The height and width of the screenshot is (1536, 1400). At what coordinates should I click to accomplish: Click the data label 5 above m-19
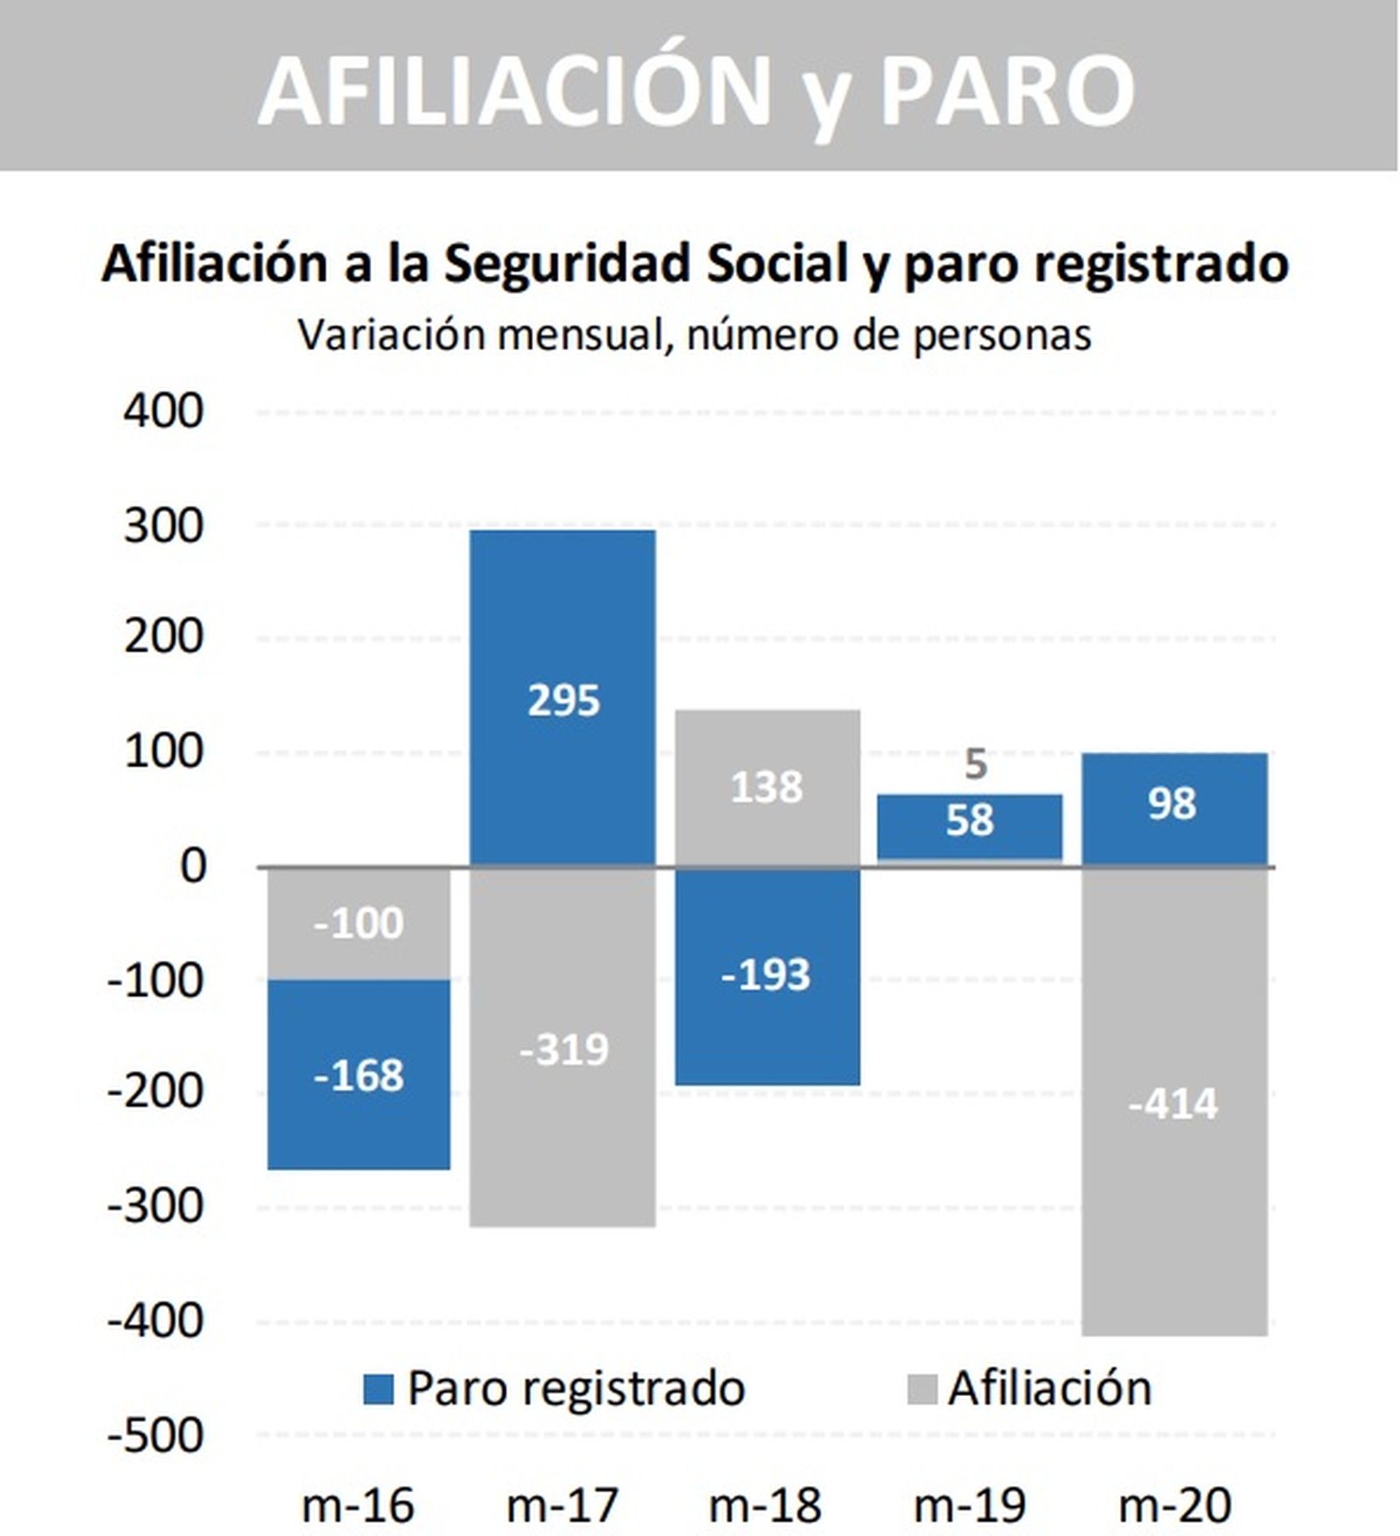976,765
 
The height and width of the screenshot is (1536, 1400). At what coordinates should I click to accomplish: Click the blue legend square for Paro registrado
378,1389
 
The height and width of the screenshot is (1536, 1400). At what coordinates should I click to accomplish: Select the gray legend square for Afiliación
921,1389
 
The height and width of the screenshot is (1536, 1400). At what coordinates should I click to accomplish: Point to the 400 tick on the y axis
164,410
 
